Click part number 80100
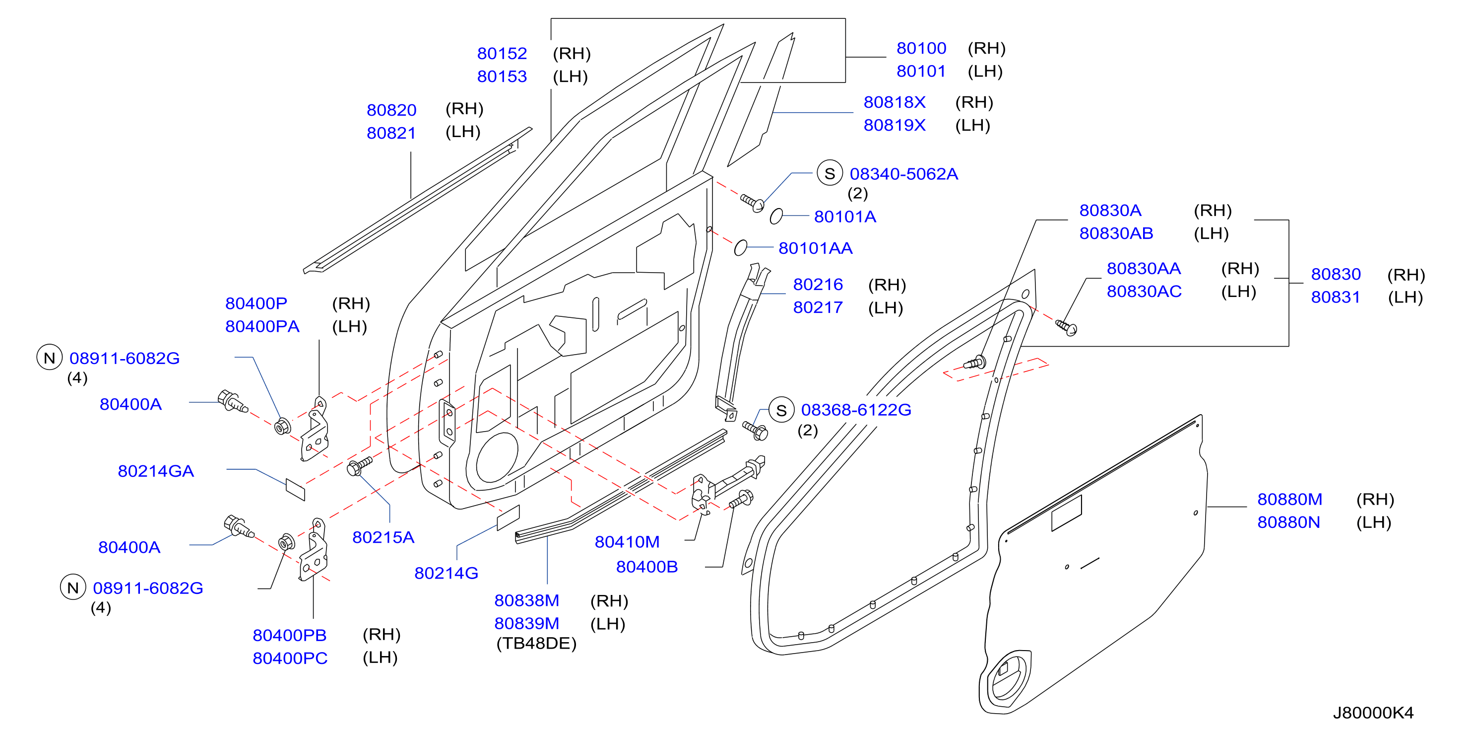921,48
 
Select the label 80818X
895,102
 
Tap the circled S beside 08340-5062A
830,173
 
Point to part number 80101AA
816,248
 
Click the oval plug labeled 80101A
776,217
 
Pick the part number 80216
818,285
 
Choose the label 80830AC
1144,291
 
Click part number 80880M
1289,499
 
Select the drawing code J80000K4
1373,712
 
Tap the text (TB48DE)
536,643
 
